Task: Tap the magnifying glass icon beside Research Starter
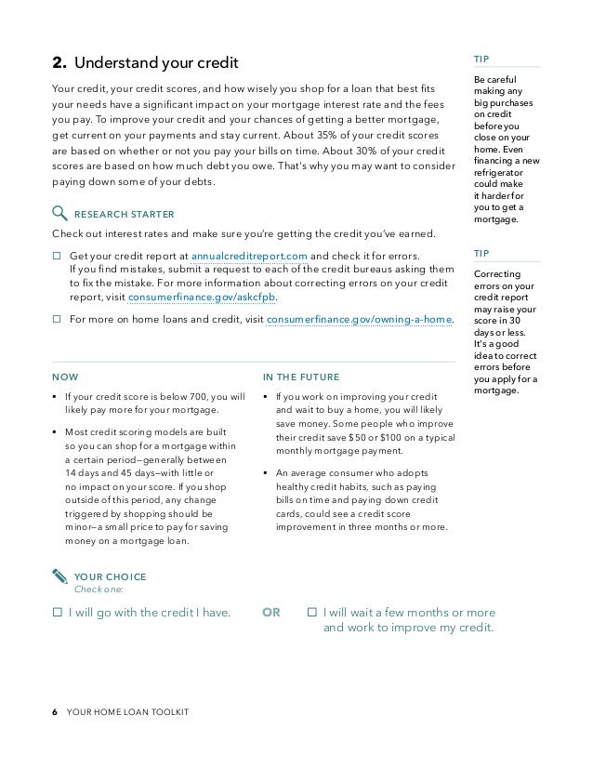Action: [59, 211]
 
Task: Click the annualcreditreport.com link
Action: [250, 256]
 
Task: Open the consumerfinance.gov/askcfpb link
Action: [202, 298]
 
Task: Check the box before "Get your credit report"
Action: [57, 256]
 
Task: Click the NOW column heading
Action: [65, 377]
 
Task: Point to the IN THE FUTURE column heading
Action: [301, 377]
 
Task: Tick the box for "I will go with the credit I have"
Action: [57, 613]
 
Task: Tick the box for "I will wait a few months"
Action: [312, 613]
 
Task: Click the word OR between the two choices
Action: [271, 613]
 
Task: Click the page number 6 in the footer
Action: [55, 712]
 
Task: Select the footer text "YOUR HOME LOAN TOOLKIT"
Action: [128, 712]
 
